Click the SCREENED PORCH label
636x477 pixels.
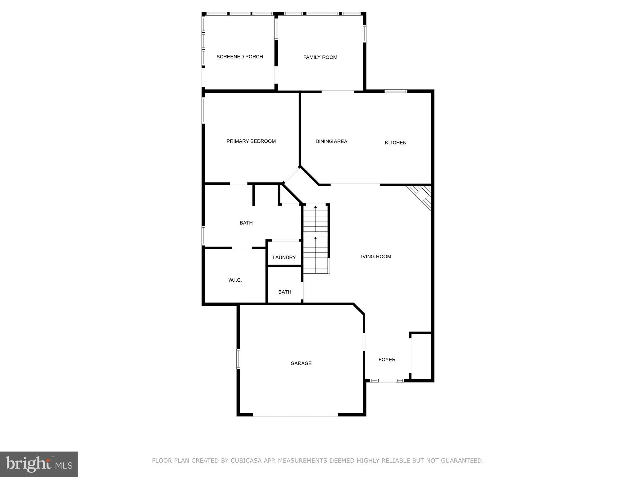239,57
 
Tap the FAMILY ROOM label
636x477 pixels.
320,57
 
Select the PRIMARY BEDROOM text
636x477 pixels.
251,141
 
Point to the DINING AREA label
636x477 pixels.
331,141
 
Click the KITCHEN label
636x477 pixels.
395,143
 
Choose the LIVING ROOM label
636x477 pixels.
375,257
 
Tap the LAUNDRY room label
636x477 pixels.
284,257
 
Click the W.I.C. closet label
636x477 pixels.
235,280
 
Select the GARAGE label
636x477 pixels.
301,363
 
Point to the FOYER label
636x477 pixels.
387,360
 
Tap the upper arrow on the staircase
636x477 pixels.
316,207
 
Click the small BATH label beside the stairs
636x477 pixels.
284,292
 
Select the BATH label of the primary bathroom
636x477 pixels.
246,223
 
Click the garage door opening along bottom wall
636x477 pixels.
295,414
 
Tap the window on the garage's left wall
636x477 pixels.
238,359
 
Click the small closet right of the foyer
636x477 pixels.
421,356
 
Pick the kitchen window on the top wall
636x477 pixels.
396,91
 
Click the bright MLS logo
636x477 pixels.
39,464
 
